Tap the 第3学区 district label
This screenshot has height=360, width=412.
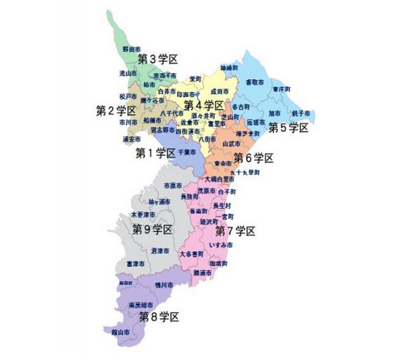158,58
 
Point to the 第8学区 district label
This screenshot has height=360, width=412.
159,316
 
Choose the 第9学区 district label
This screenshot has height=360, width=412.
152,229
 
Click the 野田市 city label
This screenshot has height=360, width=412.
131,49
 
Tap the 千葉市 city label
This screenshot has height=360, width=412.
187,153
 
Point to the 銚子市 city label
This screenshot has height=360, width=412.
300,113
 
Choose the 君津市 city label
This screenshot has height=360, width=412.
160,250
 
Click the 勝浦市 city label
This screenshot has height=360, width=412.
203,272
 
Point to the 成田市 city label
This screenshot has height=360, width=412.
219,91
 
